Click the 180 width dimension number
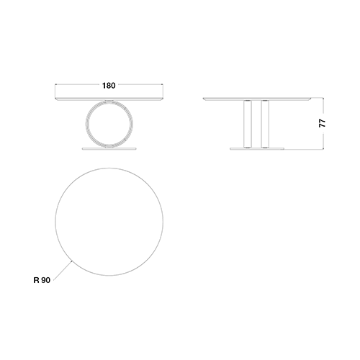[109, 86]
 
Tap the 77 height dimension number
[323, 123]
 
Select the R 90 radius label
[42, 280]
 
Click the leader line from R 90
[63, 270]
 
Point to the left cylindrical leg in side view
[248, 124]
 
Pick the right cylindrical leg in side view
[265, 124]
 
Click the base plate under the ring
[109, 149]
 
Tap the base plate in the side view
[257, 149]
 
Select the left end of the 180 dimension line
[55, 84]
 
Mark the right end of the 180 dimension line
[163, 84]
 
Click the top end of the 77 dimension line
[323, 98]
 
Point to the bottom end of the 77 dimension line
[323, 149]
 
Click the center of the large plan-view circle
[109, 222]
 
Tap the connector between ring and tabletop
[109, 100]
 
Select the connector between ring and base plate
[109, 147]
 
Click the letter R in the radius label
[36, 280]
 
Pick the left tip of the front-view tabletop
[55, 98]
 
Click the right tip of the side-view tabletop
[311, 98]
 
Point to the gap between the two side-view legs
[256, 124]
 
